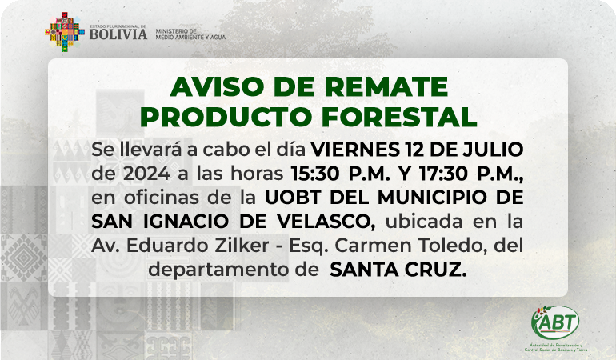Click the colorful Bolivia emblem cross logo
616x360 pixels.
[x=65, y=32]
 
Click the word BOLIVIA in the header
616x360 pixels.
[x=118, y=34]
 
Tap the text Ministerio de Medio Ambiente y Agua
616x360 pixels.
[x=190, y=34]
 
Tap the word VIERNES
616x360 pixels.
[x=355, y=150]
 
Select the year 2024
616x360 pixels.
[x=146, y=174]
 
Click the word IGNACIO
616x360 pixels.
[x=186, y=222]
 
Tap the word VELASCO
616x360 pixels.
[x=326, y=222]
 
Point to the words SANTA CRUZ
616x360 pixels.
[x=398, y=270]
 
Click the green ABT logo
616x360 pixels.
[x=555, y=322]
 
